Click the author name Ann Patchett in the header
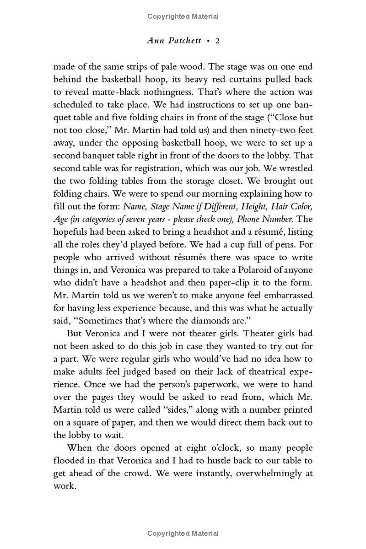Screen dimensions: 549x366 [x=174, y=41]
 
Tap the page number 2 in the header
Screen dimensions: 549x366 [x=218, y=41]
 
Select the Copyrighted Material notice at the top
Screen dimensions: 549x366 [x=183, y=16]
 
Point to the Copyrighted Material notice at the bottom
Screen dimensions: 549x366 [x=183, y=533]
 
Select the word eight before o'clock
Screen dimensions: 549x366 [x=174, y=447]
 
